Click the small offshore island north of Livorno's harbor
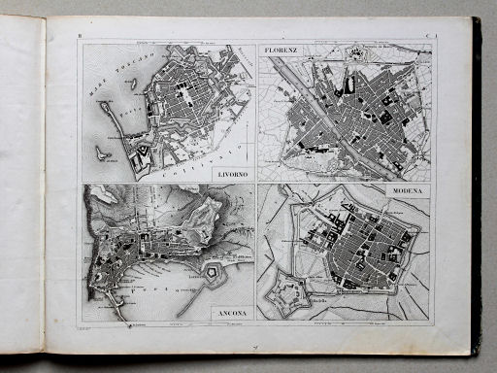click(131, 85)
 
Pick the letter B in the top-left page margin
click(78, 37)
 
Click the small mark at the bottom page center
click(253, 343)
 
